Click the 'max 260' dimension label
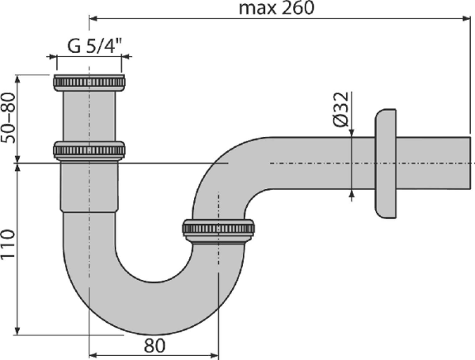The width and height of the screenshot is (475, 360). tap(275, 8)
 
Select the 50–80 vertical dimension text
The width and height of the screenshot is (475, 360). tap(8, 117)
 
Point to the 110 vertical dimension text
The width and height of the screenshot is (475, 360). tap(8, 247)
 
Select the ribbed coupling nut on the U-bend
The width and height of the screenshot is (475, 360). tap(218, 229)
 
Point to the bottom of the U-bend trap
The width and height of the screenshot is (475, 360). tap(142, 305)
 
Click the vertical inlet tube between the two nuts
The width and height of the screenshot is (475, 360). tap(89, 115)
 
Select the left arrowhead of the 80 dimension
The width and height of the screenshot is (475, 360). tap(92, 353)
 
